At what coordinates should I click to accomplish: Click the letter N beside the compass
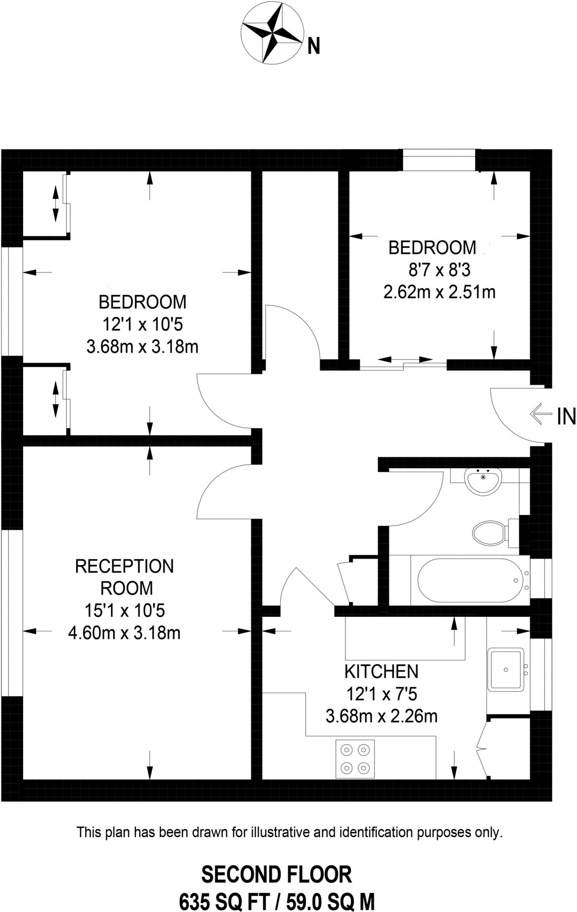[314, 46]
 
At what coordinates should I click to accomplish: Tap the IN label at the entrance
[566, 417]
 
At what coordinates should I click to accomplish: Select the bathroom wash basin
[483, 481]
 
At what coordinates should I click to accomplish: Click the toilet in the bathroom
[490, 533]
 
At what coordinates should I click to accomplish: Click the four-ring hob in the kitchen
[355, 759]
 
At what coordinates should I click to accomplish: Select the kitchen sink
[506, 669]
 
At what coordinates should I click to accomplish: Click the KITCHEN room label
[381, 671]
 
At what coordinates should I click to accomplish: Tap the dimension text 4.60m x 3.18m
[124, 632]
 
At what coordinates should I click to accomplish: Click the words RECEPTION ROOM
[125, 577]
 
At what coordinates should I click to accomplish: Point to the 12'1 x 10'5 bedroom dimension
[143, 325]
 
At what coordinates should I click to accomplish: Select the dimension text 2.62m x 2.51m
[439, 292]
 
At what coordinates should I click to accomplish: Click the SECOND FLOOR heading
[276, 875]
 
